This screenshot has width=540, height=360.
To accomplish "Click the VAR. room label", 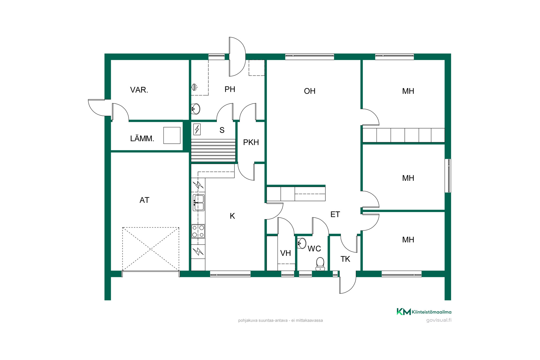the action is pos(139,90).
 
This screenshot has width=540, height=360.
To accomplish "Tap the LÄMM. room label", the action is pos(142,138).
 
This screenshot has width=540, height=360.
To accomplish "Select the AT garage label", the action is pos(144,200).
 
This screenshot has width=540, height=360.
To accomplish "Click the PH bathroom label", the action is pos(230,89).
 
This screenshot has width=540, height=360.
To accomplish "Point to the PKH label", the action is pos(251,142).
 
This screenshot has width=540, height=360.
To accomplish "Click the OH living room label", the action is pos(310,91).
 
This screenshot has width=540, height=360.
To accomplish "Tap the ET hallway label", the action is pos(335,214).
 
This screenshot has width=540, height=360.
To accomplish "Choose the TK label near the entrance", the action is pos(345,259).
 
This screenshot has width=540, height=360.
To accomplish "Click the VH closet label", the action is pos(285,253).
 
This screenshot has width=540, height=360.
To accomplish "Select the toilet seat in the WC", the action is pos(320,264).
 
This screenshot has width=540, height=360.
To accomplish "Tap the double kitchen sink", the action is pos(198,202).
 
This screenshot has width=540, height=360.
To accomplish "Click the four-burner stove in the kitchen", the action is pos(198,231).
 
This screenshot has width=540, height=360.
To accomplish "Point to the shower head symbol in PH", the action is pos(194,87).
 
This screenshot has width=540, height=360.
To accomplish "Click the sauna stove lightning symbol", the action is pos(197,130).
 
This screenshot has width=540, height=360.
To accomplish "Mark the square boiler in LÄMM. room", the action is pos(172,136).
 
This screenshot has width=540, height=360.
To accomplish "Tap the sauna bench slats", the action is pos(213,150).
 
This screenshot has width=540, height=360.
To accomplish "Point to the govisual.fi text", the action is pos(439,320).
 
